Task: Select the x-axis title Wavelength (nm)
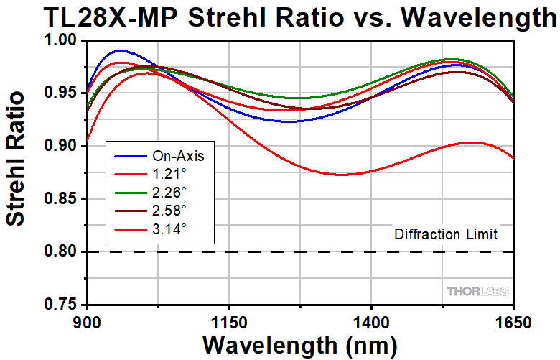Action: click(299, 343)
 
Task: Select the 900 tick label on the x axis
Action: click(87, 318)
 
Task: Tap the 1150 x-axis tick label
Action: click(228, 318)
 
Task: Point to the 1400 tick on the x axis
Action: click(370, 318)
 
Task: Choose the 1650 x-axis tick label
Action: click(513, 318)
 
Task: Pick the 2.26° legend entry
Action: click(169, 192)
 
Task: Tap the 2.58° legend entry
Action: click(169, 210)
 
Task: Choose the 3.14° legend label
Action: click(169, 228)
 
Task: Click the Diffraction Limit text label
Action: click(445, 234)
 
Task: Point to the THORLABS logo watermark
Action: click(477, 291)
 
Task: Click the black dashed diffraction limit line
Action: click(287, 251)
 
